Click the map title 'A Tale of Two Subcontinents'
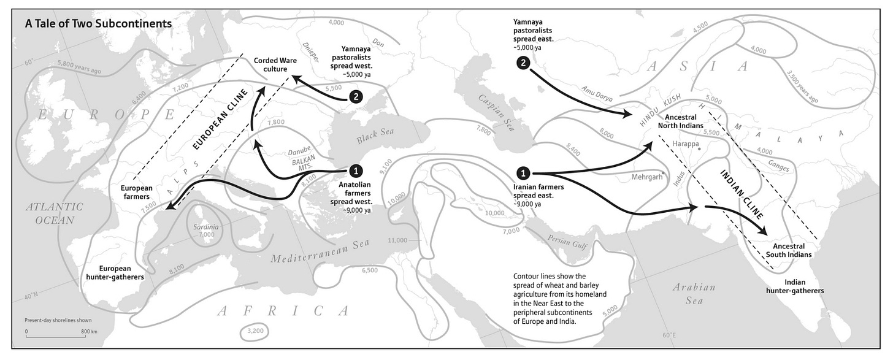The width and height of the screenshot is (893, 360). tap(99, 24)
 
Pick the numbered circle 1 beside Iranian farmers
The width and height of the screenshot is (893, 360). tap(523, 174)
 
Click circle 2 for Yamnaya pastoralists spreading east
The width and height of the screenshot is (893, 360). tap(523, 63)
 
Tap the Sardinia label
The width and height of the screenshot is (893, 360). tap(206, 226)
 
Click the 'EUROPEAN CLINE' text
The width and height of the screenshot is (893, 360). tap(219, 120)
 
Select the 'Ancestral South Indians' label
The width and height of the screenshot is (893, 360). tap(788, 250)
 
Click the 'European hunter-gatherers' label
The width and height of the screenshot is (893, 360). tap(115, 272)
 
